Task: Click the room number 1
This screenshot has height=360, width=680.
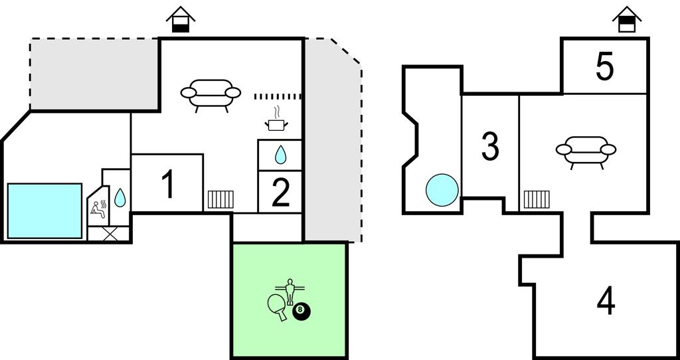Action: (x=169, y=185)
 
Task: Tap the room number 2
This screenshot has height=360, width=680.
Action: (x=281, y=193)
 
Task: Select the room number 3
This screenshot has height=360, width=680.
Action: (x=490, y=147)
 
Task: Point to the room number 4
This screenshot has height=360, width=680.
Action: (x=606, y=301)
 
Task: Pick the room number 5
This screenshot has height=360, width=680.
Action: (x=604, y=66)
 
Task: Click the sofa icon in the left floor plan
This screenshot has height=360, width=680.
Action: (x=211, y=94)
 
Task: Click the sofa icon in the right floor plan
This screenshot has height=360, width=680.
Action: (x=586, y=151)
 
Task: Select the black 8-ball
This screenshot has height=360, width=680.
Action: (x=301, y=310)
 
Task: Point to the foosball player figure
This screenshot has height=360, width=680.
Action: (x=290, y=291)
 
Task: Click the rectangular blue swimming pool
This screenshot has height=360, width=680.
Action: (x=44, y=211)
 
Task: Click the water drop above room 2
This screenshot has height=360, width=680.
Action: (x=280, y=155)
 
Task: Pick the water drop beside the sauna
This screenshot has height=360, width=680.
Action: (x=120, y=197)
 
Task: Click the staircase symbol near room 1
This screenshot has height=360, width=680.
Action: (x=220, y=199)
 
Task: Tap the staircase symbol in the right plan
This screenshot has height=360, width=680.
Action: (x=536, y=199)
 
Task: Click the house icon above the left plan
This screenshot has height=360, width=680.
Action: (x=181, y=19)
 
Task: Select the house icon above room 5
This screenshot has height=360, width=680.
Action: (x=626, y=19)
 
